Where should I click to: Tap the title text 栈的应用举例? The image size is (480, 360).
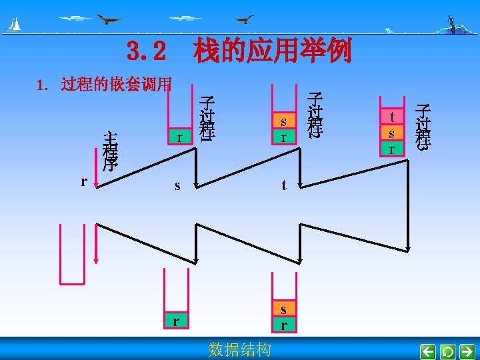point(272,51)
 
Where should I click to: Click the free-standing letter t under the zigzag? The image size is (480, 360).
point(283,186)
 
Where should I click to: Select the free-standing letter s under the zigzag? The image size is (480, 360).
point(177,186)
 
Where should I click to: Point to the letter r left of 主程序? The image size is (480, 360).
point(84,181)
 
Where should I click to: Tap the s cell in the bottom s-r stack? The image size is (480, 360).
point(283,309)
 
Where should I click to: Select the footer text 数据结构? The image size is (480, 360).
point(239,349)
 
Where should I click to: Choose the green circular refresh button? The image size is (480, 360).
point(448,351)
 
